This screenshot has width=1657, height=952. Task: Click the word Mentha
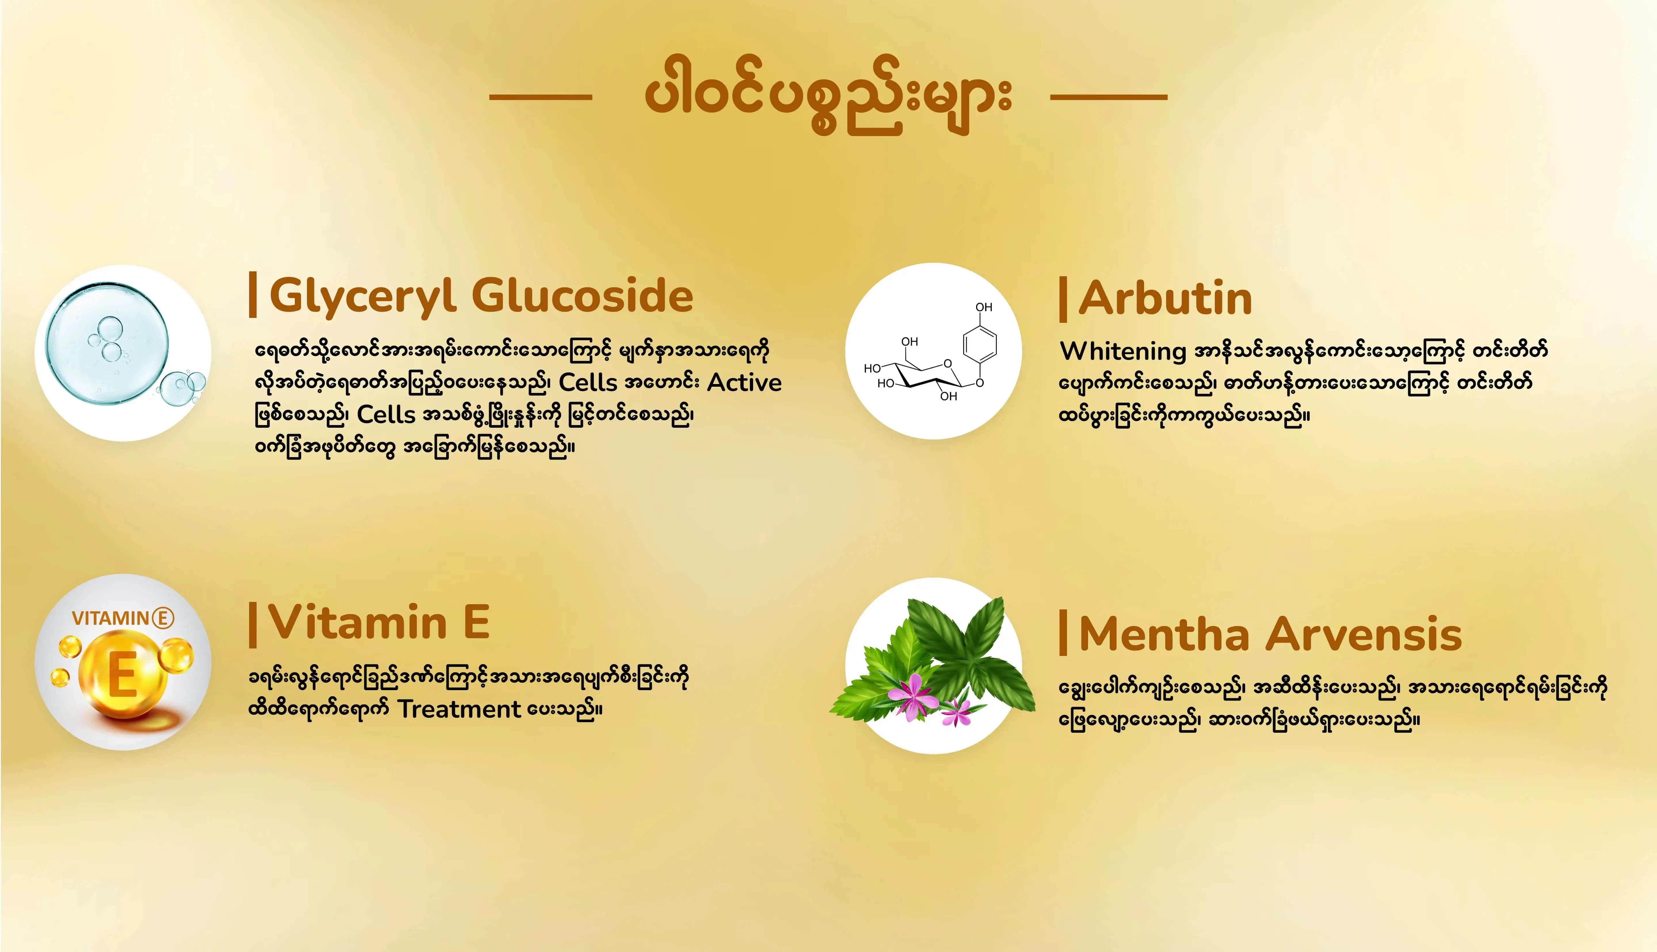[x=1164, y=634]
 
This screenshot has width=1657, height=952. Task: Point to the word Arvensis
[x=1366, y=634]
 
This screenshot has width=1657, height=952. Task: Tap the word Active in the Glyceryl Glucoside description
[x=744, y=383]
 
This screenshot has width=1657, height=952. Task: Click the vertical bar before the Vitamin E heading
[x=253, y=625]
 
